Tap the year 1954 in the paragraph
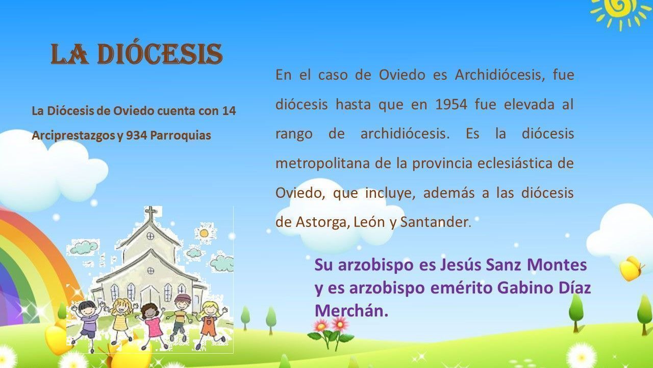(x=451, y=104)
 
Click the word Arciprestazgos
(x=74, y=136)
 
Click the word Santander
(x=436, y=222)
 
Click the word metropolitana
(x=323, y=164)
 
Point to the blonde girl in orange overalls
(x=211, y=324)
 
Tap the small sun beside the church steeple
(x=204, y=233)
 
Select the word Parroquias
(x=181, y=135)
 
